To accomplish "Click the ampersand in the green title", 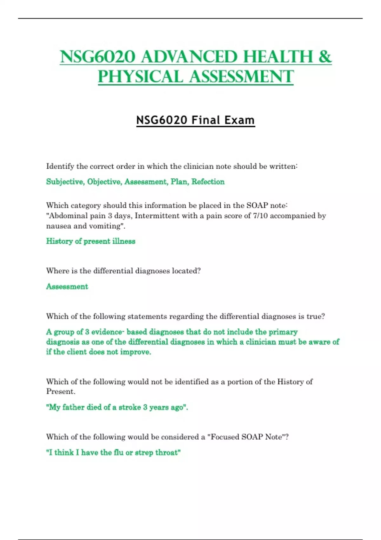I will (x=325, y=57).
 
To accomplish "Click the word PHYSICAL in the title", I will (x=140, y=77).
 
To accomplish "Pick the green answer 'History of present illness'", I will (x=90, y=241).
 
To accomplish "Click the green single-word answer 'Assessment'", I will (x=67, y=287).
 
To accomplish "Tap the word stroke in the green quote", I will (x=130, y=407).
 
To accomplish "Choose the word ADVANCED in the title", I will (x=189, y=57).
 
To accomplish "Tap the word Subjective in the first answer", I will (x=65, y=182).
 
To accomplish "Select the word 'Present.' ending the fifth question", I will (x=61, y=392).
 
